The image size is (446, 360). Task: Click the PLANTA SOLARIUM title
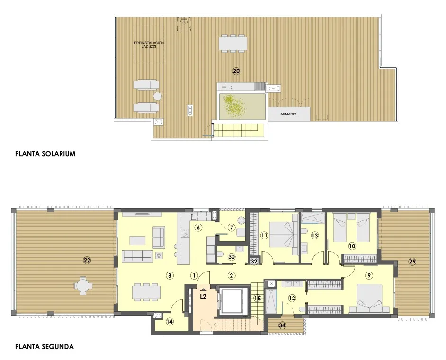45,154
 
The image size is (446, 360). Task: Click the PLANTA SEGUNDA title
45,347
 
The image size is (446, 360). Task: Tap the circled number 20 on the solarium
236,71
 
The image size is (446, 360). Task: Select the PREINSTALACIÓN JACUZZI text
149,45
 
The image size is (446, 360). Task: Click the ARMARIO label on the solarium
288,114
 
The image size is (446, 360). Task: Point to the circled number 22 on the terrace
87,260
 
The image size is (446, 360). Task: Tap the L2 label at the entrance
203,297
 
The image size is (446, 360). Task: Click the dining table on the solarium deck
233,44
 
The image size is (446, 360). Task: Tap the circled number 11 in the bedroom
264,235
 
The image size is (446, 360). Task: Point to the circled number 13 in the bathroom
314,235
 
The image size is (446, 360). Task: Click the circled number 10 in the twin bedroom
352,246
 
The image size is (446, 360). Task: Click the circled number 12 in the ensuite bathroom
292,298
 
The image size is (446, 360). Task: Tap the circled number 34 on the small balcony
283,325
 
